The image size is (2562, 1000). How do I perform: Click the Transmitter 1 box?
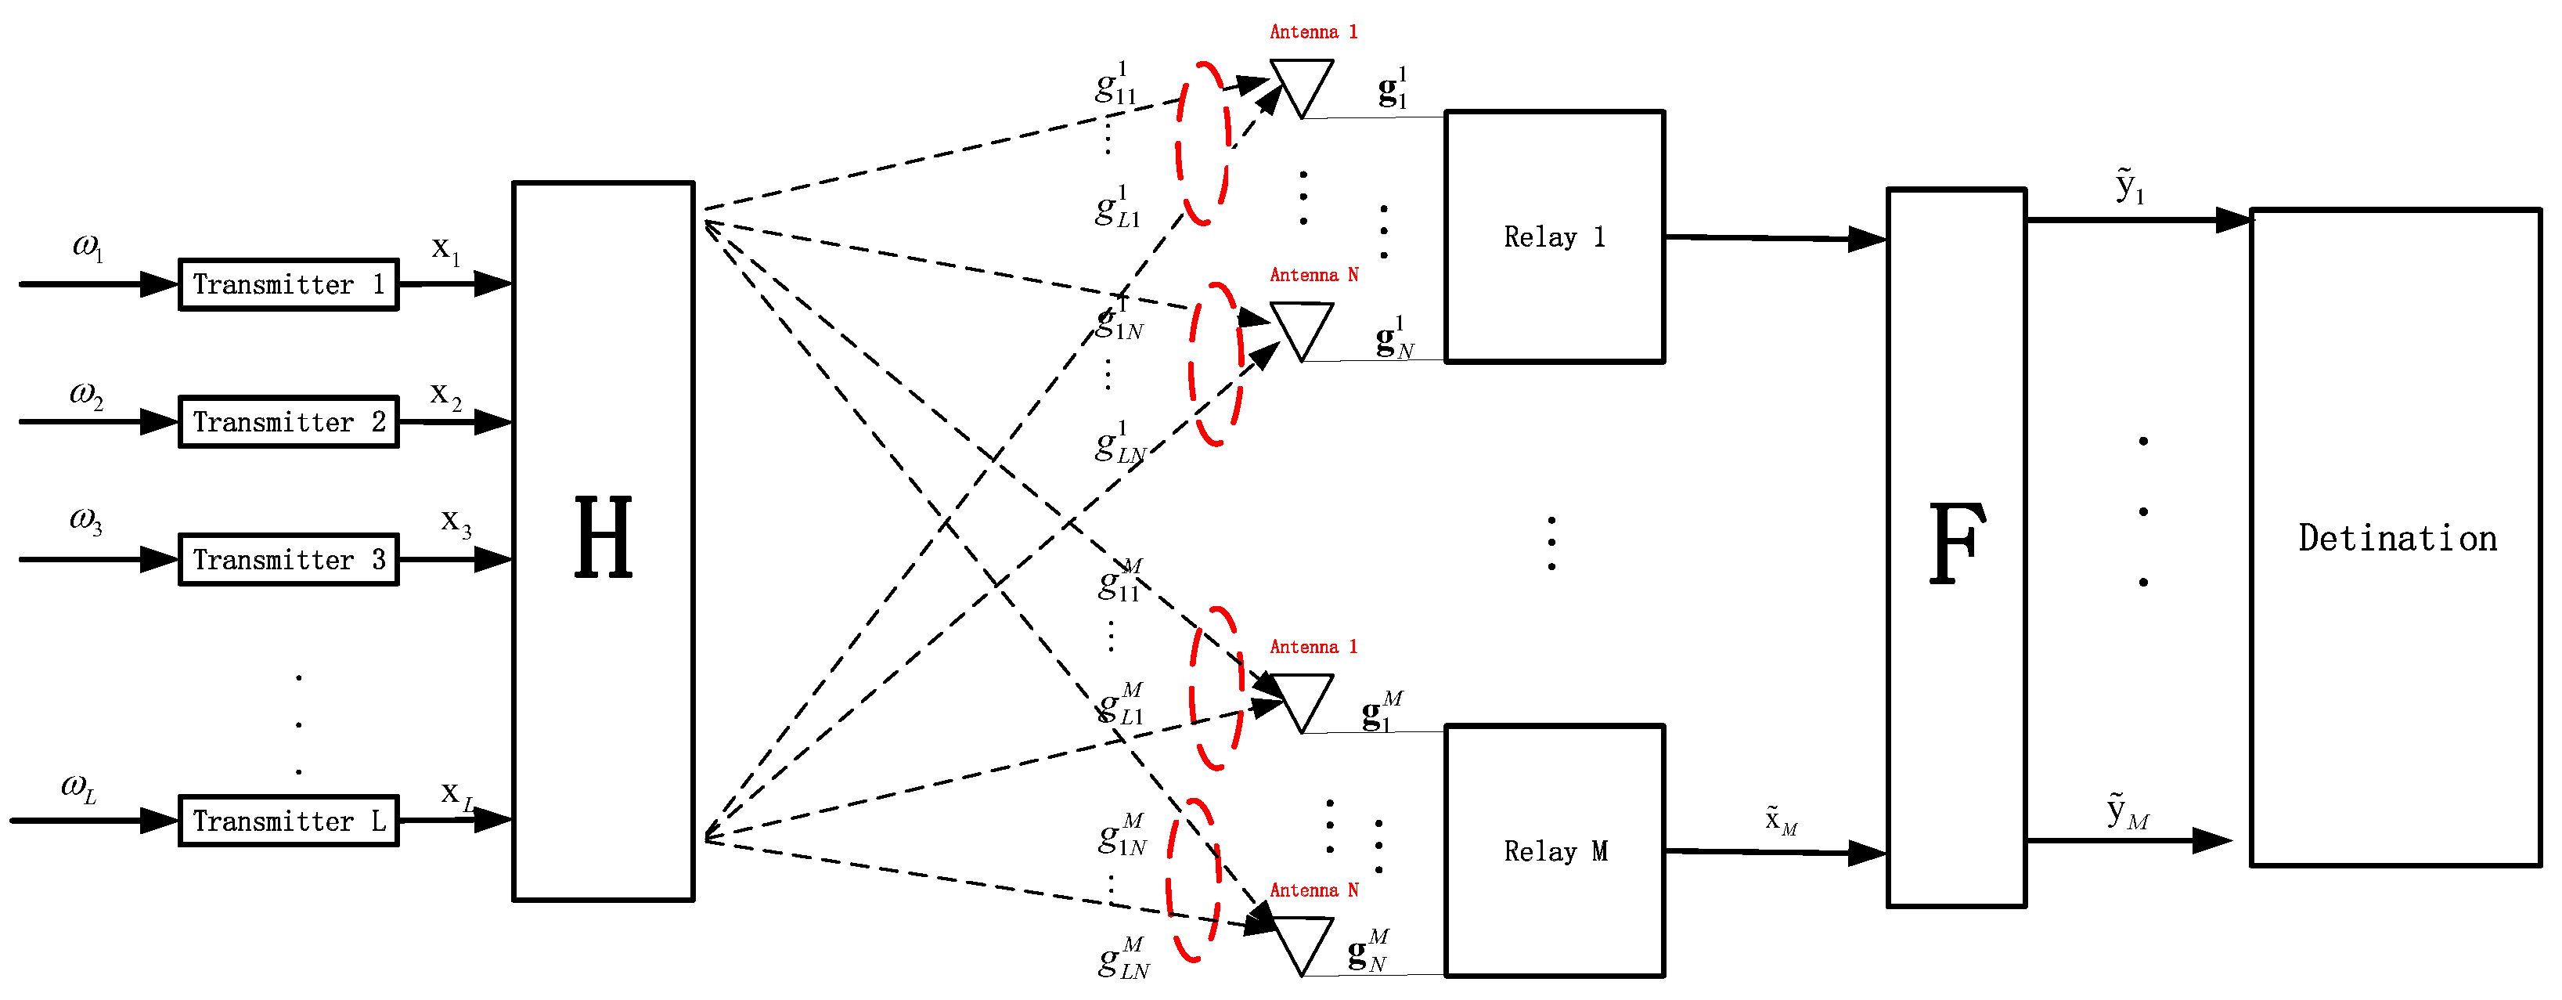click(288, 284)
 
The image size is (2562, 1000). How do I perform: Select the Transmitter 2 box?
click(288, 422)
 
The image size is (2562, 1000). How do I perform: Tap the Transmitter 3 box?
click(288, 559)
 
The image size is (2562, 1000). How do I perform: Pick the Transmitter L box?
click(288, 821)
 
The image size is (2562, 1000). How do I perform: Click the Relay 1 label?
click(1554, 236)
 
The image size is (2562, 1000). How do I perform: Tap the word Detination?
click(2397, 538)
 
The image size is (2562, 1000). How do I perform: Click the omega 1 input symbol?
click(88, 246)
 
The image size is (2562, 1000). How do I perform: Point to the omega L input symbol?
click(78, 788)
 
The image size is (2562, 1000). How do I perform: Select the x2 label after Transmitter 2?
click(445, 395)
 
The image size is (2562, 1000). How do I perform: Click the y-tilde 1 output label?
click(2129, 186)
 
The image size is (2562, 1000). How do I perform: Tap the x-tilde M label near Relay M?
click(1780, 820)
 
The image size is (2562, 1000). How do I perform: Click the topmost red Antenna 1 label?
click(1313, 32)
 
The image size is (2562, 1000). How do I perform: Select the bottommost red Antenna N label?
click(1313, 890)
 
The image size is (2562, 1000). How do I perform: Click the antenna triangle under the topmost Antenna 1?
click(1301, 85)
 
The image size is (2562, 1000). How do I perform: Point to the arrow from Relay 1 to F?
click(1775, 238)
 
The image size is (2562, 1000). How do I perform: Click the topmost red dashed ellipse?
click(1202, 143)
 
